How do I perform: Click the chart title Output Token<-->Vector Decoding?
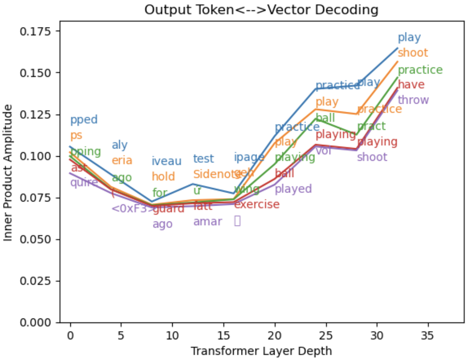[261, 10]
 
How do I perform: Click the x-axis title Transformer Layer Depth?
[261, 351]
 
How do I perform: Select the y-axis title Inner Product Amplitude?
[8, 173]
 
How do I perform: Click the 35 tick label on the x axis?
[428, 336]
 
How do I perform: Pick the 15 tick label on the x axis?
[223, 336]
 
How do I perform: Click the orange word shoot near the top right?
[413, 53]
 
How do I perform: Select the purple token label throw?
[413, 100]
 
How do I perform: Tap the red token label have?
[411, 84]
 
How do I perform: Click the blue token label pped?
[84, 120]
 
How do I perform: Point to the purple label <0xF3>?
[132, 209]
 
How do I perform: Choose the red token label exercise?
[257, 204]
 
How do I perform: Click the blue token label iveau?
[166, 161]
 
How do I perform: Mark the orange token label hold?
[163, 177]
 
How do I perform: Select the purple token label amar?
[207, 221]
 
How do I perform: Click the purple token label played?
[293, 189]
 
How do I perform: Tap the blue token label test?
[203, 159]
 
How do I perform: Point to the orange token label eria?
[122, 160]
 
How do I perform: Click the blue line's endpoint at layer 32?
[398, 48]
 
